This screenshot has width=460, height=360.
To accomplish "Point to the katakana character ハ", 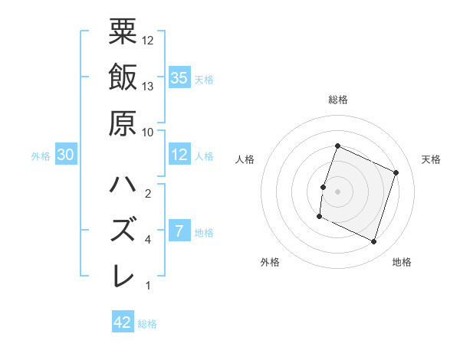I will click(123, 185).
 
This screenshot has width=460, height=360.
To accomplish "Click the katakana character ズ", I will click(123, 230).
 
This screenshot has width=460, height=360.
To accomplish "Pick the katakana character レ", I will click(123, 275).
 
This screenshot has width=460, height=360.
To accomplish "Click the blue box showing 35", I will click(179, 77).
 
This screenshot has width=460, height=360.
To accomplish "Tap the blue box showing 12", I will click(179, 155).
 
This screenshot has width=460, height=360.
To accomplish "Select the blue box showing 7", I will click(179, 231).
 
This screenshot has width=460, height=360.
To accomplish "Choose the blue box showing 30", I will click(65, 155).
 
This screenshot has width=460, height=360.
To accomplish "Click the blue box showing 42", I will click(123, 322).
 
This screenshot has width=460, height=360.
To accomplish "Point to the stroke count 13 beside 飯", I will click(149, 86).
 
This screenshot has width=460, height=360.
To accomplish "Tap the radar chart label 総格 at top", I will click(337, 100).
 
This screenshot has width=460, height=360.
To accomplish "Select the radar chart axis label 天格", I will click(431, 159).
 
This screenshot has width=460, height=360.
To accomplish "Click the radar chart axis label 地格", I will click(401, 262).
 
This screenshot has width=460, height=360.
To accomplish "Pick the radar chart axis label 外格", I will click(270, 262).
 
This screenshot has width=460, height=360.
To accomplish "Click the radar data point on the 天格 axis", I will click(396, 173).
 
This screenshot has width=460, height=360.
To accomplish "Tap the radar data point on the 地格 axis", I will click(374, 242).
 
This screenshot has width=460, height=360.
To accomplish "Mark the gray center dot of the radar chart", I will click(337, 191).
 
